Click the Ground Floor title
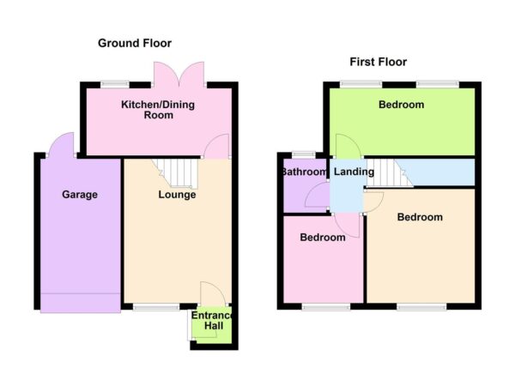tap(134, 43)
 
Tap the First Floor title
tap(378, 62)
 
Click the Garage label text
tap(79, 195)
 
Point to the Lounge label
tap(177, 195)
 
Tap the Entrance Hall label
tap(211, 321)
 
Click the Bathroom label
tap(304, 172)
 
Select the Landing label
tap(354, 172)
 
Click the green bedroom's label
tap(401, 105)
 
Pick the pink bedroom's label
tap(322, 237)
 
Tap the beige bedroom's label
tap(420, 217)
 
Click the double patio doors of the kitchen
tap(179, 75)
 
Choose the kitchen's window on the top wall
tap(112, 83)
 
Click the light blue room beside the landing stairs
tap(442, 172)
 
